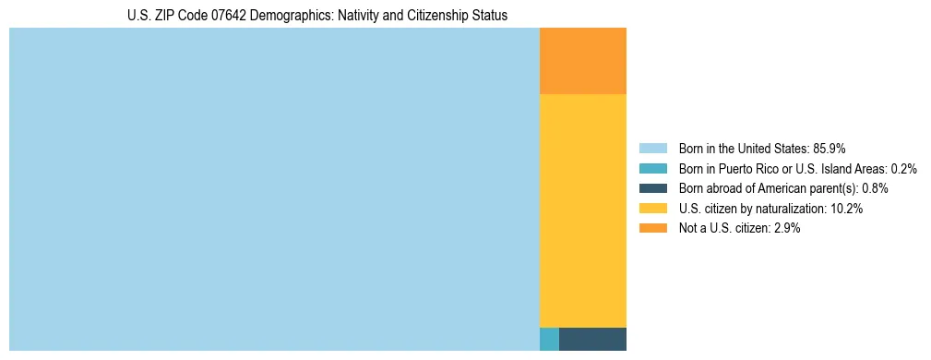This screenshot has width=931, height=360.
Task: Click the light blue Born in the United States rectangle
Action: point(274,189)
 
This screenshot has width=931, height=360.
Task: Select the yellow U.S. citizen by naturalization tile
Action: point(582,210)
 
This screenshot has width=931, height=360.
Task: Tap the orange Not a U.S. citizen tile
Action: point(582,61)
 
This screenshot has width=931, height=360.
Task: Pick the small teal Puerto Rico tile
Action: point(549,339)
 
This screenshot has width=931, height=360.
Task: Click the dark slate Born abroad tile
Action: point(592,339)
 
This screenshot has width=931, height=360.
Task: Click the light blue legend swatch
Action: point(652,148)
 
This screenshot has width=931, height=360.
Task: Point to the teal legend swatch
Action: point(652,168)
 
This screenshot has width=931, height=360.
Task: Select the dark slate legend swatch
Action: point(652,188)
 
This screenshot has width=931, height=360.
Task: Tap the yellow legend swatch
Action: point(652,209)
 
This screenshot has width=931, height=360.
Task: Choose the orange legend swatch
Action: point(652,228)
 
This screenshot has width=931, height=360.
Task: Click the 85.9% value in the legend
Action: point(830,148)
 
